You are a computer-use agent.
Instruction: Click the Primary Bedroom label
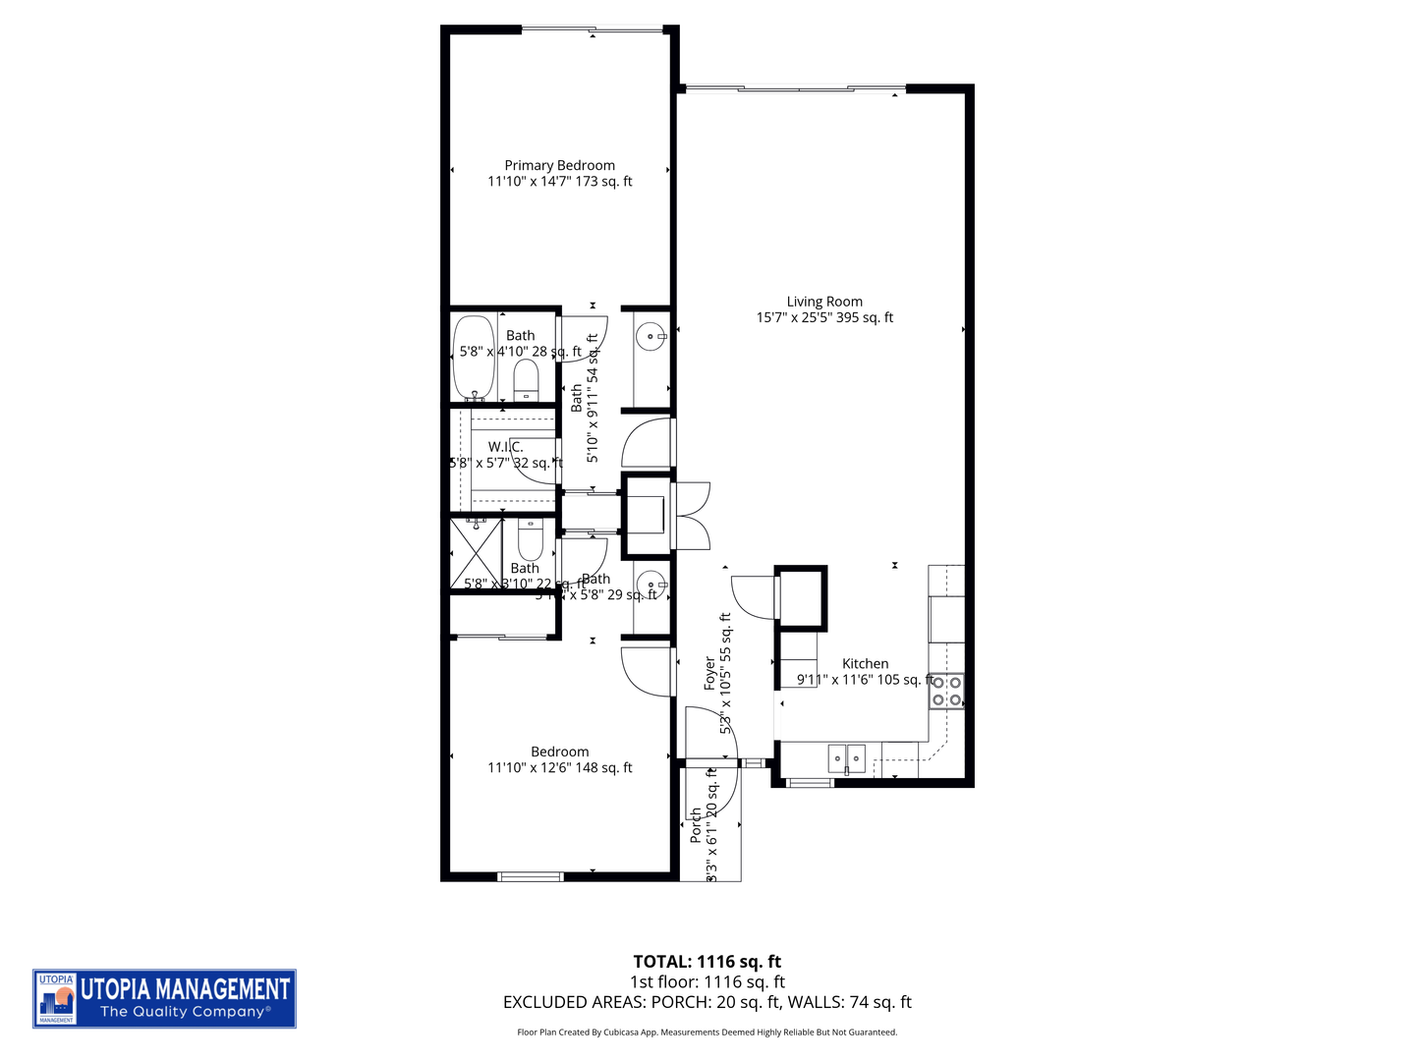559,166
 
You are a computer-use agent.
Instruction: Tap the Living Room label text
824,303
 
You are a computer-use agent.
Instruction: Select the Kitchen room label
865,664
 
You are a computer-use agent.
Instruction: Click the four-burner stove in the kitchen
946,691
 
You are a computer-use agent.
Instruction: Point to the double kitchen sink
846,758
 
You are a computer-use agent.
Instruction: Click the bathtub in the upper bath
475,358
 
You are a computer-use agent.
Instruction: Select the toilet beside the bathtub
527,381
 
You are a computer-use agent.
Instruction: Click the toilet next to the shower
530,538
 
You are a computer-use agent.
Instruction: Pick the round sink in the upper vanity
650,337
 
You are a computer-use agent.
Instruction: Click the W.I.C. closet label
505,447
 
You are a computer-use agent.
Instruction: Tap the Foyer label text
710,674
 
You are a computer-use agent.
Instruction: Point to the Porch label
696,825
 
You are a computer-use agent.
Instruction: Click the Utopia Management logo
164,999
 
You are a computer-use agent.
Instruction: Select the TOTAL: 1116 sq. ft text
707,962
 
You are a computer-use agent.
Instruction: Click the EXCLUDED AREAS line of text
707,1002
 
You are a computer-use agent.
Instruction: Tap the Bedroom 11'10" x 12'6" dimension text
559,768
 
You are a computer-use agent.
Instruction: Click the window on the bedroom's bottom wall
531,875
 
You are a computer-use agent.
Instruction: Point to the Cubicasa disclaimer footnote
707,1033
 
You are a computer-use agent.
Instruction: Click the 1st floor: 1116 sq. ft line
707,981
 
